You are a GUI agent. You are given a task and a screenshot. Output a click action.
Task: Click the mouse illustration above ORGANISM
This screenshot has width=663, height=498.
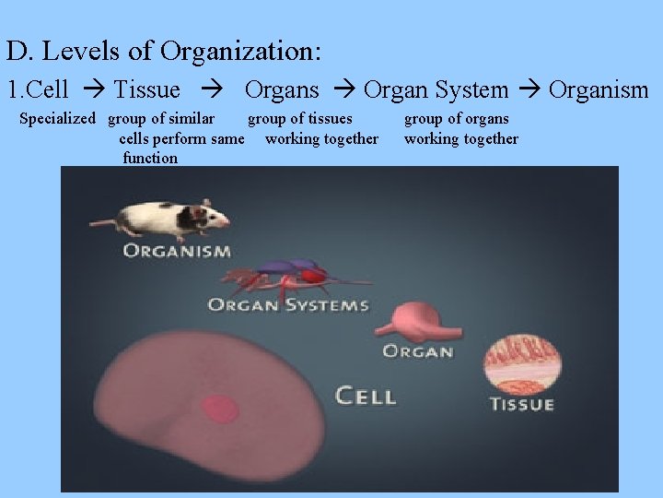(x=161, y=218)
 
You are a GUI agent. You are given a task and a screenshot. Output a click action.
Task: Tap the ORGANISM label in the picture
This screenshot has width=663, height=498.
(x=177, y=251)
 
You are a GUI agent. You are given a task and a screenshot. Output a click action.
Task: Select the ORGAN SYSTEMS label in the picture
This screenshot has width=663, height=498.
(x=287, y=304)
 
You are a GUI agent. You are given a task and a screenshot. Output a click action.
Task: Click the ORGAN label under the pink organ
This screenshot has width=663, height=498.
(x=417, y=351)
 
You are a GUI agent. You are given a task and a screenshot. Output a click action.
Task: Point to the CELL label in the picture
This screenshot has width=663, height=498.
(x=366, y=397)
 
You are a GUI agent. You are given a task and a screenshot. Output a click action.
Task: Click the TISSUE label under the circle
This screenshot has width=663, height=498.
(x=521, y=404)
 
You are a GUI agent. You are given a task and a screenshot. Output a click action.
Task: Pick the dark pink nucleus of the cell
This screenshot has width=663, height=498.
(x=219, y=409)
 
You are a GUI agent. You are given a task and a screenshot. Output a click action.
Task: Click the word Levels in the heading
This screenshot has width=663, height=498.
(x=97, y=51)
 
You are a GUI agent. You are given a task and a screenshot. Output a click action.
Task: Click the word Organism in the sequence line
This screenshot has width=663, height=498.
(x=599, y=89)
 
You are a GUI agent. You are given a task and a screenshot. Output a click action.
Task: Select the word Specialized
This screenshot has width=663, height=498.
(x=57, y=118)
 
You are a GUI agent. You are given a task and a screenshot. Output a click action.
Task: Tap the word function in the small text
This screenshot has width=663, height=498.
(x=150, y=158)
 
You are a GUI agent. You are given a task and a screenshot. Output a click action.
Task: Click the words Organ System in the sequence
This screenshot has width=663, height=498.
(x=436, y=89)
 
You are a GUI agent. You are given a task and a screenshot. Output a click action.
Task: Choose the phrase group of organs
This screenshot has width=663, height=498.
(x=457, y=118)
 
